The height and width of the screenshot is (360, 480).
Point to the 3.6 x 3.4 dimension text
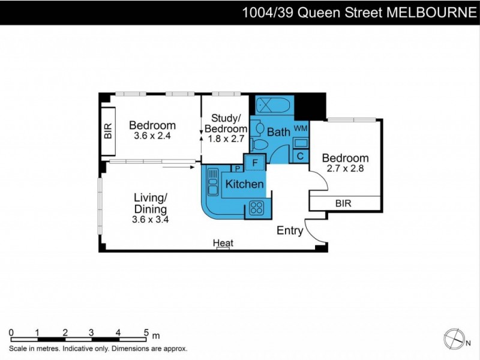pos(150,220)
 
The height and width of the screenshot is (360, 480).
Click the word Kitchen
pos(244,184)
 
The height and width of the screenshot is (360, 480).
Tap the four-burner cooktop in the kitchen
pos(257,208)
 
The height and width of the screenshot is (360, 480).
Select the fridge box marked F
pos(254,162)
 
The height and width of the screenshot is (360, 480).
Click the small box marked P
pos(238,168)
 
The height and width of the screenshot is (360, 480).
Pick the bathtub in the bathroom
pos(274,106)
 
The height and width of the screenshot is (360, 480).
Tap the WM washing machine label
pos(301,128)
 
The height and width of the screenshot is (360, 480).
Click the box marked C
pos(301,156)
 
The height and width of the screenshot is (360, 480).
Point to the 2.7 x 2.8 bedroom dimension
pos(345,169)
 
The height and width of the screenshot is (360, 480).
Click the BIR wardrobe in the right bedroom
pos(344,203)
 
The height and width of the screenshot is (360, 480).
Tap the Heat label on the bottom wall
pos(223,243)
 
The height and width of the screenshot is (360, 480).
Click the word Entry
pos(290,231)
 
